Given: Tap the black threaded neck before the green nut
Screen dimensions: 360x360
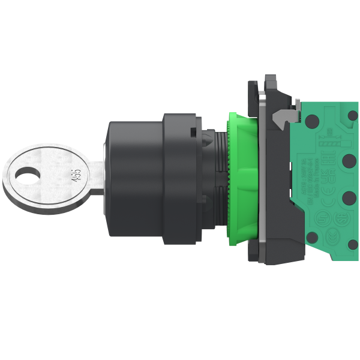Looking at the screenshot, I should tap(214, 174).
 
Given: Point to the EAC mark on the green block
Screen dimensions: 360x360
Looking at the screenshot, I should tap(328, 158).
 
